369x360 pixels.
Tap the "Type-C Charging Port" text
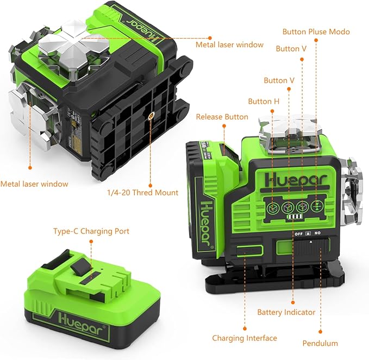click(91, 231)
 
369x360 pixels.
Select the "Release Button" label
click(222, 117)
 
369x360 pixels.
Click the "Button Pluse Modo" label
click(316, 31)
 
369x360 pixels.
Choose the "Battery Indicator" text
click(286, 312)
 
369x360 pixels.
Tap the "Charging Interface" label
click(245, 338)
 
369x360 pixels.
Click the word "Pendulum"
click(321, 343)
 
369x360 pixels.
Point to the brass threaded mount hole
click(151, 115)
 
